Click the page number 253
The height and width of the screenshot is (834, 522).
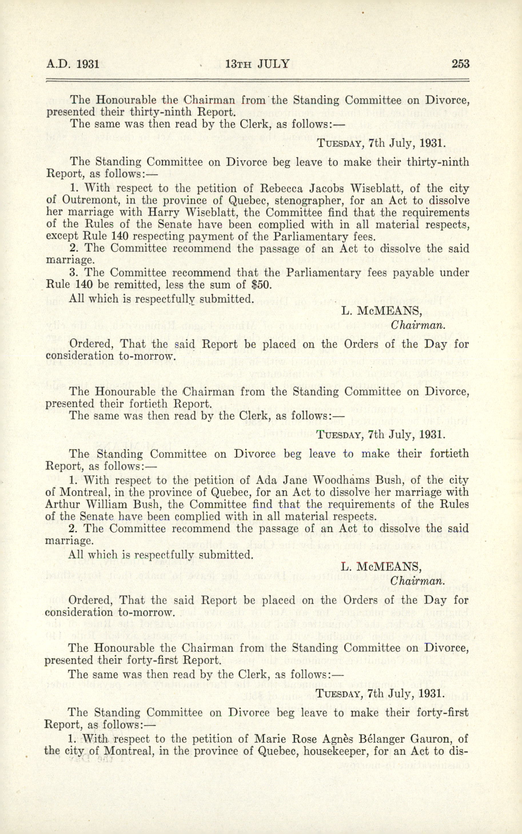tap(460, 64)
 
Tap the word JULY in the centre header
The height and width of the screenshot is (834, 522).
tap(273, 64)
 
